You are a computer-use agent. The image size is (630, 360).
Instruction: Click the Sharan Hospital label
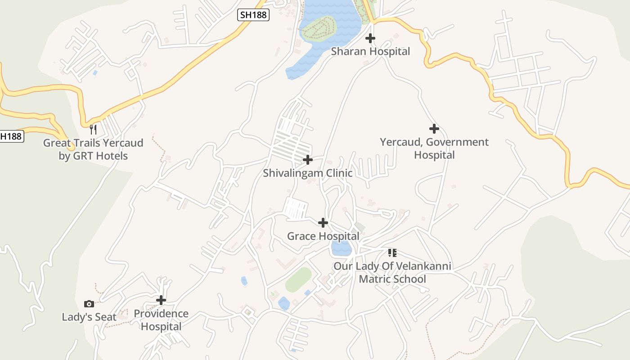click(x=370, y=51)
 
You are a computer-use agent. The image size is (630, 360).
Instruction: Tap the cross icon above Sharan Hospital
click(x=370, y=38)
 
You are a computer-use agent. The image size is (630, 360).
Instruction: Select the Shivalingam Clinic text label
click(x=308, y=173)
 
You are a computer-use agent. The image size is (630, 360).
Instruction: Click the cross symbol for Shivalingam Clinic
click(x=308, y=160)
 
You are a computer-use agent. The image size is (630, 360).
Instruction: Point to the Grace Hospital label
click(x=323, y=236)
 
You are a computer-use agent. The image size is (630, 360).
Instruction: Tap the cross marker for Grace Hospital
click(x=323, y=222)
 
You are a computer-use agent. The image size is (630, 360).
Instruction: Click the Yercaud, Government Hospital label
click(x=434, y=148)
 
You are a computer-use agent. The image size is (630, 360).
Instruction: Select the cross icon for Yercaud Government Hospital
click(x=434, y=129)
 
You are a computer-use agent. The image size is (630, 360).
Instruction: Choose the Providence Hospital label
click(x=161, y=320)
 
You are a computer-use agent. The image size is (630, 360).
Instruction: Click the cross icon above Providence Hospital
click(x=161, y=300)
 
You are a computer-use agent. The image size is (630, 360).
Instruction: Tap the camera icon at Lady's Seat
click(x=89, y=304)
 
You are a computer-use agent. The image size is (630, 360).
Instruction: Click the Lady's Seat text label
click(x=89, y=317)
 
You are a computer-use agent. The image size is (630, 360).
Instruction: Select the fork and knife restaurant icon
click(x=93, y=130)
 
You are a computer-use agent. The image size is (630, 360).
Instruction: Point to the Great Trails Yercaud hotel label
click(x=93, y=149)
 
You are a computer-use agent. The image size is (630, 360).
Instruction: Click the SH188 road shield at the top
click(x=253, y=15)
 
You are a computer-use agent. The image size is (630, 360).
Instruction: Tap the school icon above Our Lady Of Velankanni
click(x=392, y=253)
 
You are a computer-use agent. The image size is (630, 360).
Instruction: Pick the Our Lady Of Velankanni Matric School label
click(x=392, y=273)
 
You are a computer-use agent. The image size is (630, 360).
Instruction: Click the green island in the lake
click(x=319, y=29)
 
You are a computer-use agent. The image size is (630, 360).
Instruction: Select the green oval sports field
click(x=298, y=279)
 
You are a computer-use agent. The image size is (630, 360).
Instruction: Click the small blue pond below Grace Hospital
click(x=341, y=248)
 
